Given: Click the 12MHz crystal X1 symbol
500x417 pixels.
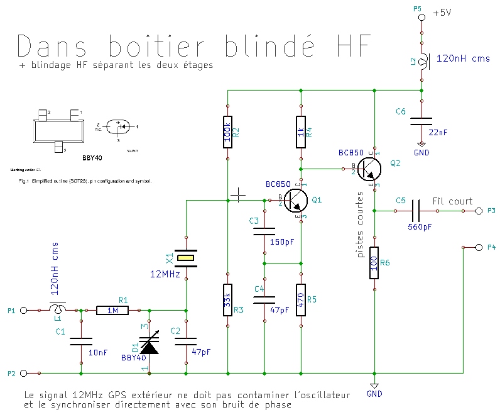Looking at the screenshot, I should tap(186, 257).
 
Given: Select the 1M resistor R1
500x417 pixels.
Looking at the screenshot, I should tap(113, 310).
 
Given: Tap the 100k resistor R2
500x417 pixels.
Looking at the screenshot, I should tap(228, 131).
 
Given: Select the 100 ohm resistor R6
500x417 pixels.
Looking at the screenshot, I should tap(374, 263).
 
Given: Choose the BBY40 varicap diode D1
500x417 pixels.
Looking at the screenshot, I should tap(149, 343).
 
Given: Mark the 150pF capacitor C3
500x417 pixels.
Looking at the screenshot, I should tap(264, 232).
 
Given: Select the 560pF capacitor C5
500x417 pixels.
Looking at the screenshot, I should tap(418, 211).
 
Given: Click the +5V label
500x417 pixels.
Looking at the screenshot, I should tap(442, 13).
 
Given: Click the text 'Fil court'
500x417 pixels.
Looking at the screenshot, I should tap(453, 201).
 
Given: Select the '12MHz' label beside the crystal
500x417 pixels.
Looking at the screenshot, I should tap(165, 275).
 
